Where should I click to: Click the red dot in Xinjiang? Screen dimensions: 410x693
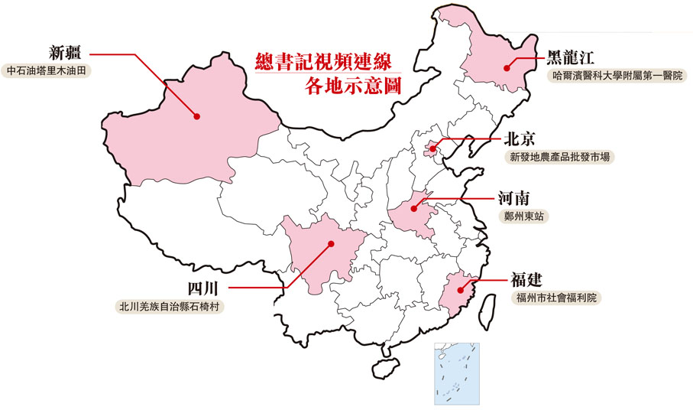196,116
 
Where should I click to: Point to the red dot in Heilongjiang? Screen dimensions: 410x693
507,67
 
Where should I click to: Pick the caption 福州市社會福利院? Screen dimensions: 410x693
557,297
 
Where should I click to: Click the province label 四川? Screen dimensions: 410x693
204,288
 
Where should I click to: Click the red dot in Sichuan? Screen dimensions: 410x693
331,244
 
